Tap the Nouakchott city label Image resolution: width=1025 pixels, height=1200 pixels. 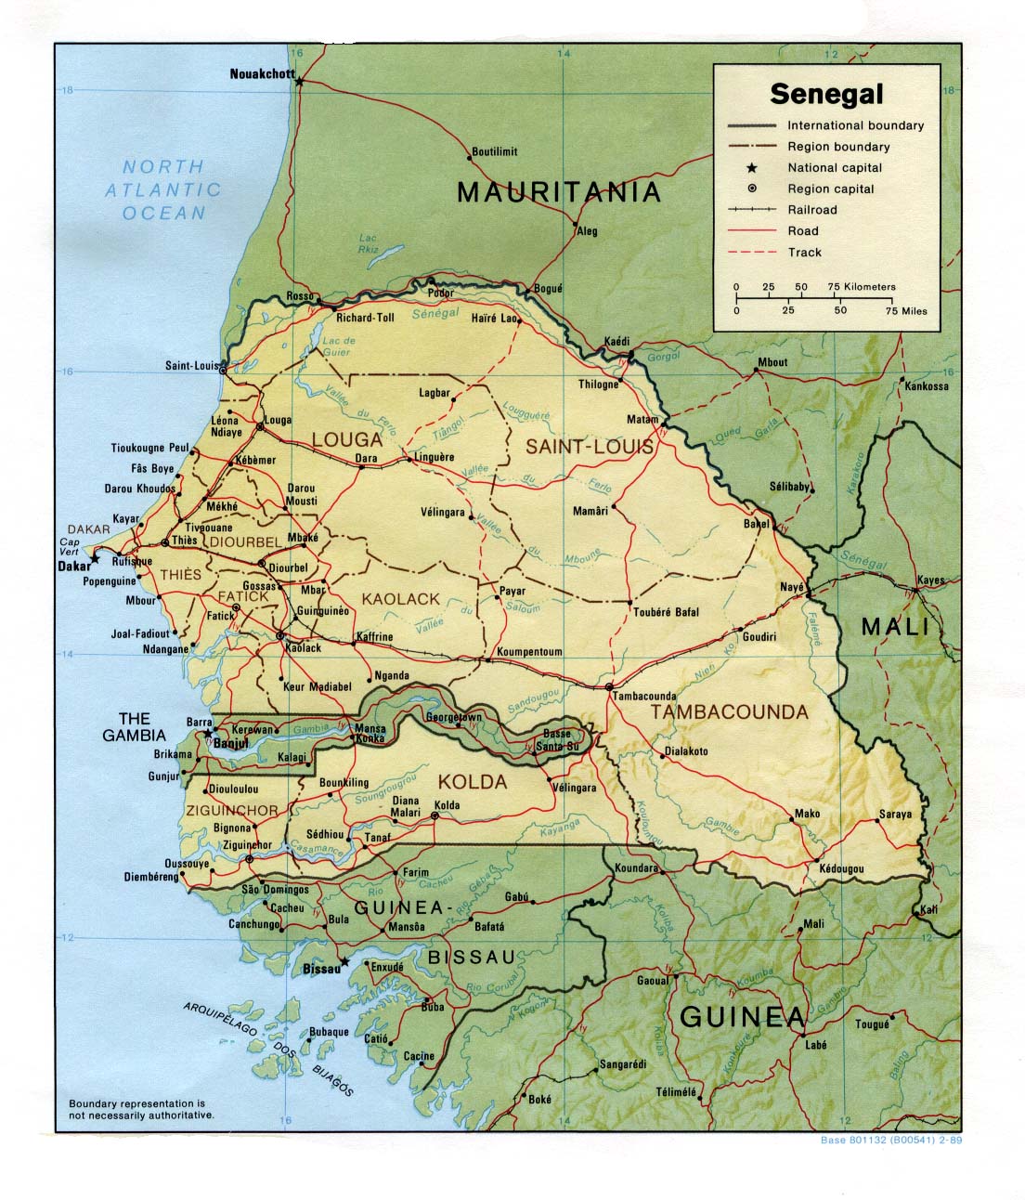click(x=262, y=74)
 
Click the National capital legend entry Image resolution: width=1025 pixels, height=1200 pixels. click(x=835, y=168)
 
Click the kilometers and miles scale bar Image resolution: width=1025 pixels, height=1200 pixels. click(x=814, y=299)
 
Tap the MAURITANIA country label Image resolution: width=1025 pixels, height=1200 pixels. click(x=559, y=192)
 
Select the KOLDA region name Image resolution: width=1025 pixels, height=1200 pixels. click(x=473, y=782)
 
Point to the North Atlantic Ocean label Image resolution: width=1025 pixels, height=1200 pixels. click(x=164, y=189)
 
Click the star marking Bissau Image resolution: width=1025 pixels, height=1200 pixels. click(x=344, y=962)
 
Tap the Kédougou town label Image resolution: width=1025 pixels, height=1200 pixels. click(x=841, y=869)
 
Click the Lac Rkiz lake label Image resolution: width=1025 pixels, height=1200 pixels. click(x=369, y=244)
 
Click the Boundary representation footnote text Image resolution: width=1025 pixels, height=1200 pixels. click(x=141, y=1108)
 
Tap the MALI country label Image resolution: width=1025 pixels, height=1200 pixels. click(x=895, y=626)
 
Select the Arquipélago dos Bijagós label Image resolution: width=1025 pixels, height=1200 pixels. click(x=269, y=1049)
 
